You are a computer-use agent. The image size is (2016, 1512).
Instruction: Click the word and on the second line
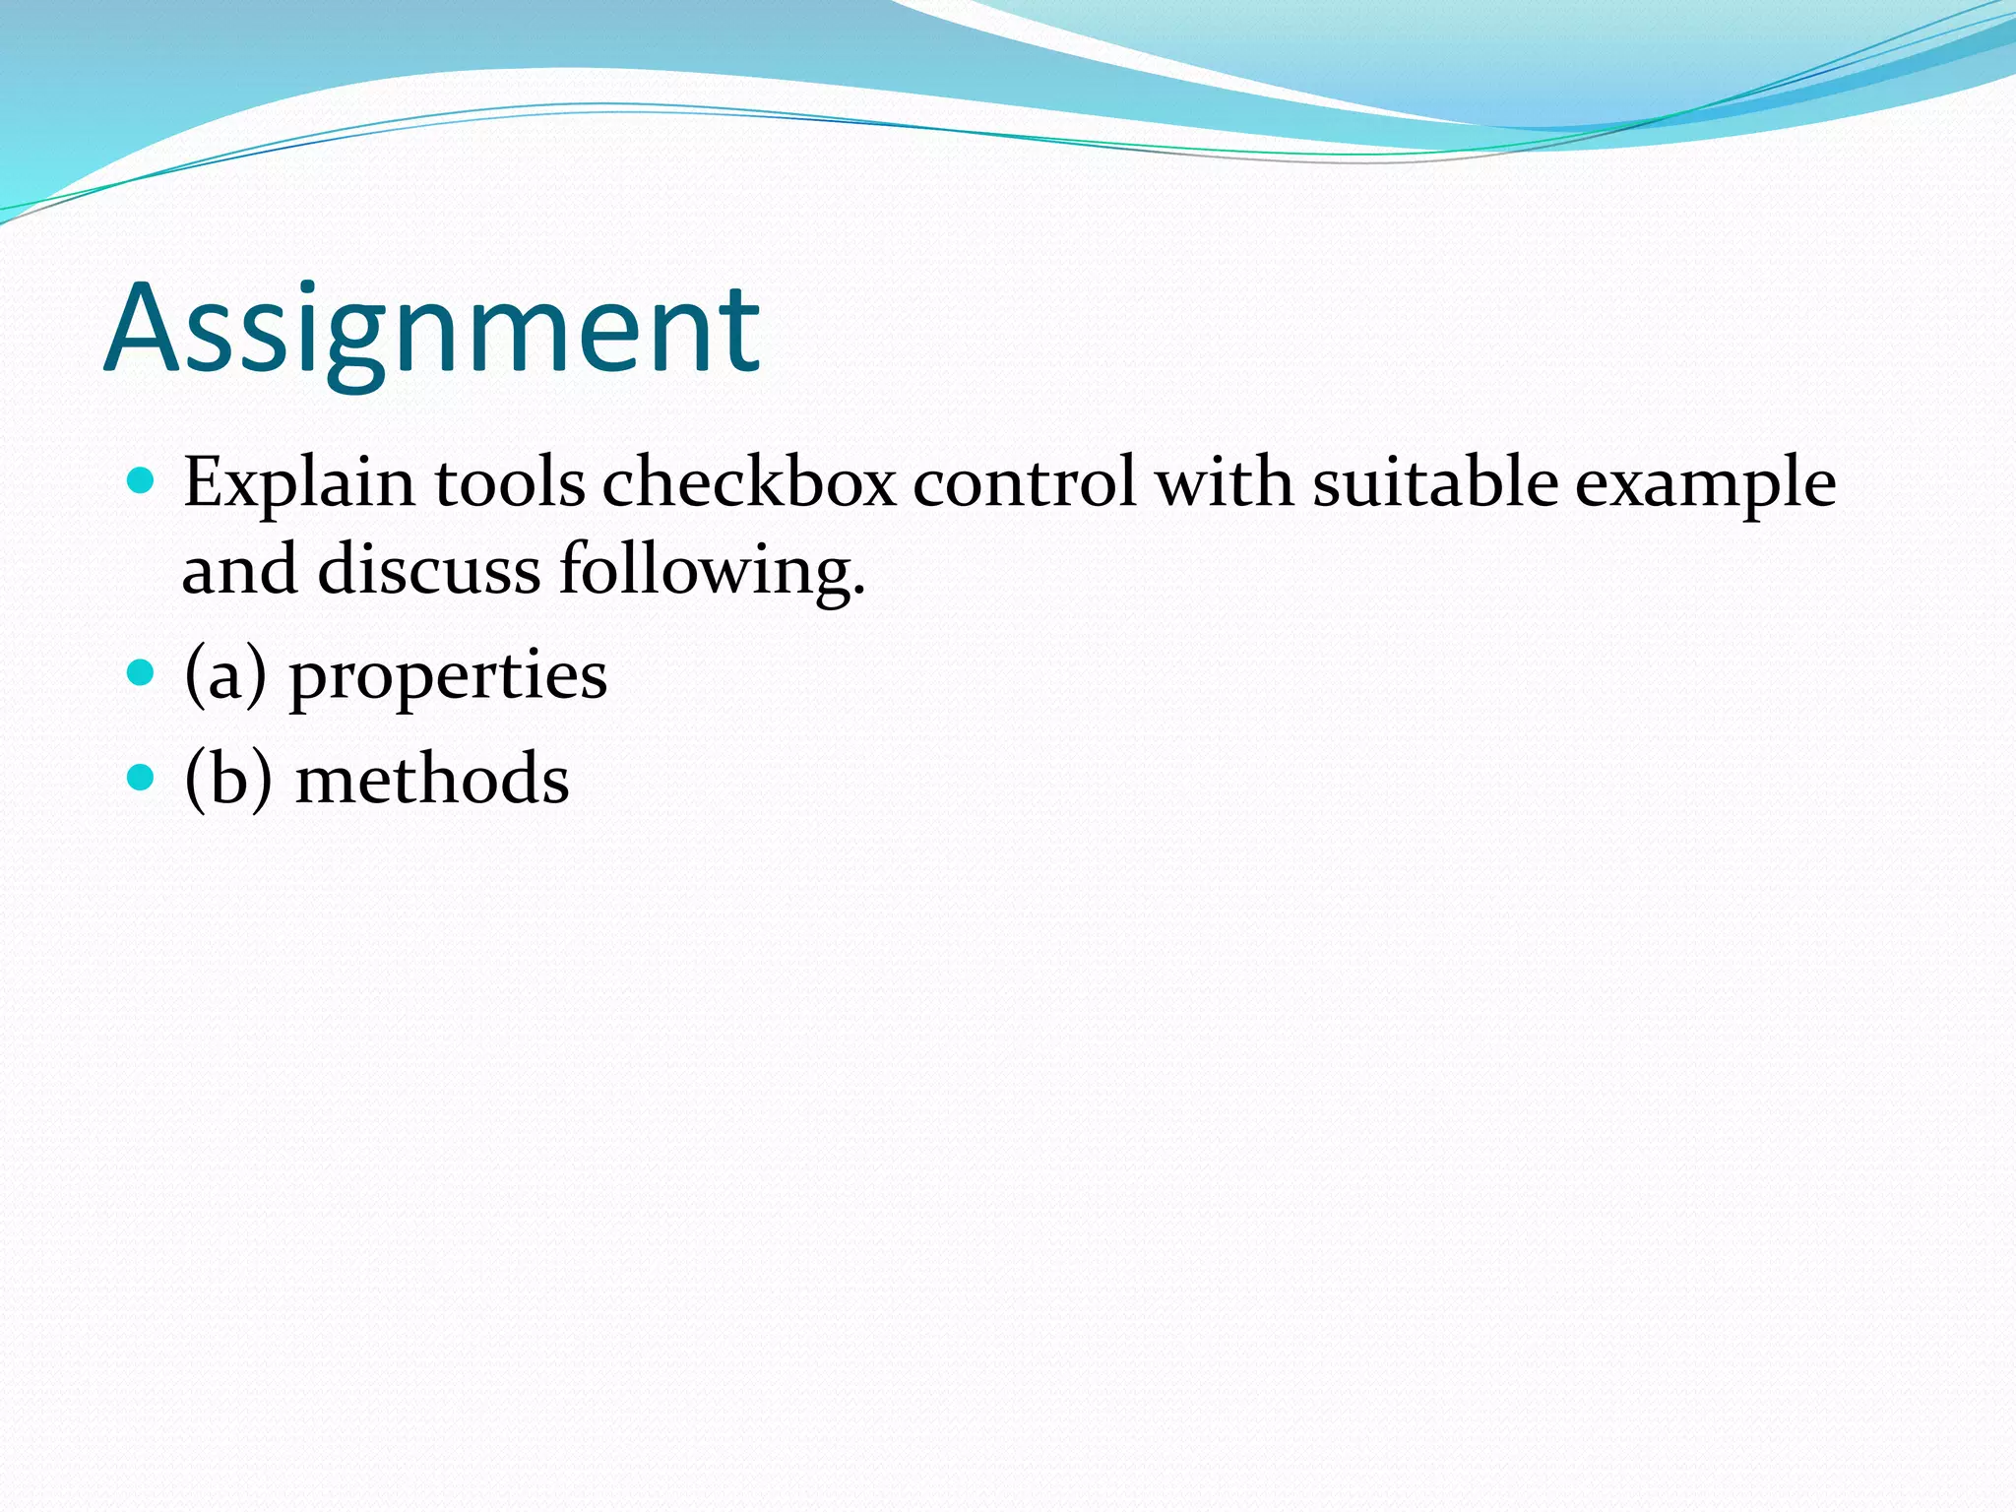[x=239, y=571]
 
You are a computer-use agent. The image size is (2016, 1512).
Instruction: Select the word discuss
[x=428, y=571]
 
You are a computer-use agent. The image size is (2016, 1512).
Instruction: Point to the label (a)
[x=225, y=677]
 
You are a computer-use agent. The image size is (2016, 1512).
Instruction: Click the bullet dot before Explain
[x=142, y=481]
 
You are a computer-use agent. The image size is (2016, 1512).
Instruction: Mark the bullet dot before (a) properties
[x=142, y=673]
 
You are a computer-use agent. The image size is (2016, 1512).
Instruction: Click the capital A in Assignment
[x=145, y=330]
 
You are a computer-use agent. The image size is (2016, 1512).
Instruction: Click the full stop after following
[x=858, y=594]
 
